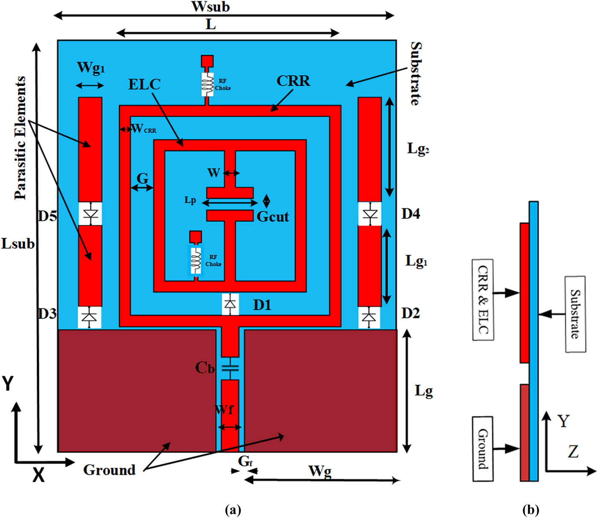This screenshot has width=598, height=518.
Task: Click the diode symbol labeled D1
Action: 230,304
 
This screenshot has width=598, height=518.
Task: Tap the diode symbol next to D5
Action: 91,214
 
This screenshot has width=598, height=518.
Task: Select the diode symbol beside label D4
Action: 370,214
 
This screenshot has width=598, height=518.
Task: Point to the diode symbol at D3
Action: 90,317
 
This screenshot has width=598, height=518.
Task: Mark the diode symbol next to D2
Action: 369,317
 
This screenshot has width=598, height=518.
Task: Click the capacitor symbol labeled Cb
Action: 230,367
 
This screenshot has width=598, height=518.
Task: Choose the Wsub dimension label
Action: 211,7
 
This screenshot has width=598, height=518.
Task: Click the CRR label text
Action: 293,81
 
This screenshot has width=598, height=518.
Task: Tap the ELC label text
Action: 144,84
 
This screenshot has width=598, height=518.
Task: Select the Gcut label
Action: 273,217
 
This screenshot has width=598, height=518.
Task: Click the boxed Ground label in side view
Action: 483,449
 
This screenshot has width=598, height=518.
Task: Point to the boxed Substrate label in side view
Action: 575,314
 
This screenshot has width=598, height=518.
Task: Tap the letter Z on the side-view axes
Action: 573,451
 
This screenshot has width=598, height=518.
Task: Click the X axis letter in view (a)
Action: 38,474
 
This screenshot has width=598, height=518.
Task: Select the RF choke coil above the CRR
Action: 208,84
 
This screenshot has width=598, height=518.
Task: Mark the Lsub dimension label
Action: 18,244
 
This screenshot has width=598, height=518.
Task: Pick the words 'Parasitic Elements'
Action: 20,138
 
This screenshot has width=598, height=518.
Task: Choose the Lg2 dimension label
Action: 418,149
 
